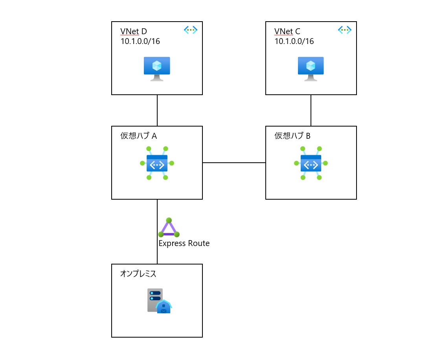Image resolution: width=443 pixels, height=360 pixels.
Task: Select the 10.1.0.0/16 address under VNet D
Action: click(140, 41)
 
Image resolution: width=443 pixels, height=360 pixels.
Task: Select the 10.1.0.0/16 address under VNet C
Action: click(294, 41)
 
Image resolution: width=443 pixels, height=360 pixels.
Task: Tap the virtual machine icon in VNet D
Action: click(157, 68)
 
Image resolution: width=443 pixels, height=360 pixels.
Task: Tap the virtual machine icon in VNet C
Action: click(311, 68)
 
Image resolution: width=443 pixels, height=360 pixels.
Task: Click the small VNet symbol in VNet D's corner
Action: click(191, 29)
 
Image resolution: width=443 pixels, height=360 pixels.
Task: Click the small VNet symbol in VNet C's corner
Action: click(345, 29)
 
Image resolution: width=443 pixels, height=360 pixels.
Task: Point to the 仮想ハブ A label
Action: click(138, 136)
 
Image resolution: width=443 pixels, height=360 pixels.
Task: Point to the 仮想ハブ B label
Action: click(292, 136)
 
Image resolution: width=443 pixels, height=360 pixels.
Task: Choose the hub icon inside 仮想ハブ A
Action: click(157, 163)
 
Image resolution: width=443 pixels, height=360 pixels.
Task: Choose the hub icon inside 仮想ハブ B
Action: click(311, 163)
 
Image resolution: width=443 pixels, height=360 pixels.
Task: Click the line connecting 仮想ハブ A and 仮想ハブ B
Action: click(234, 162)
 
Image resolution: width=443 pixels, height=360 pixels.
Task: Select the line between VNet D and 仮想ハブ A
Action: click(157, 110)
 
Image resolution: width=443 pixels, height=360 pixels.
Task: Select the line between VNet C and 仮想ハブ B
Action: click(311, 110)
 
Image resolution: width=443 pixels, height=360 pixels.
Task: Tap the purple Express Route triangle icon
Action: click(169, 228)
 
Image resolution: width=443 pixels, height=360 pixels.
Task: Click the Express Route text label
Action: click(184, 243)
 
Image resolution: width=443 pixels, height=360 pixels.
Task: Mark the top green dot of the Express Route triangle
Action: click(169, 220)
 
